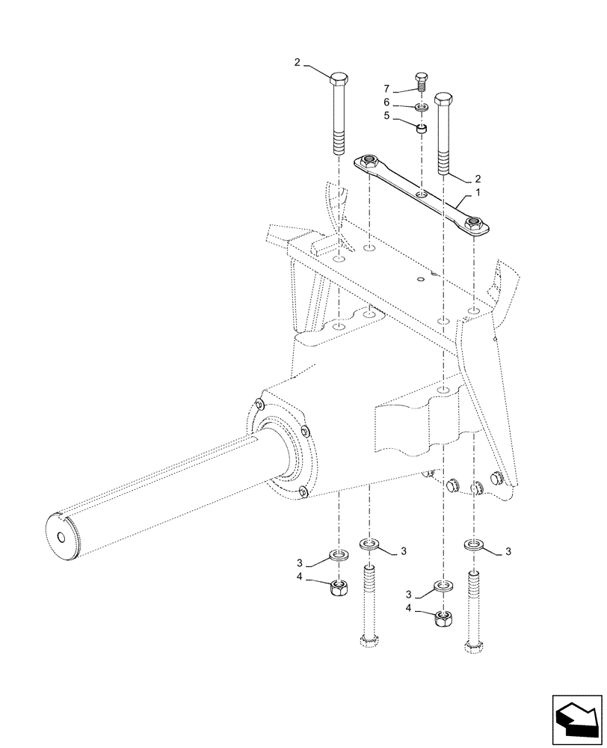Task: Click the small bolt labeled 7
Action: tap(421, 81)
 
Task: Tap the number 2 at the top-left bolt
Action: tap(297, 64)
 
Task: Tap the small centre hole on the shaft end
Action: tap(61, 538)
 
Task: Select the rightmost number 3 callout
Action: tap(510, 552)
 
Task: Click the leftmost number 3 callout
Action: tap(299, 562)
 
